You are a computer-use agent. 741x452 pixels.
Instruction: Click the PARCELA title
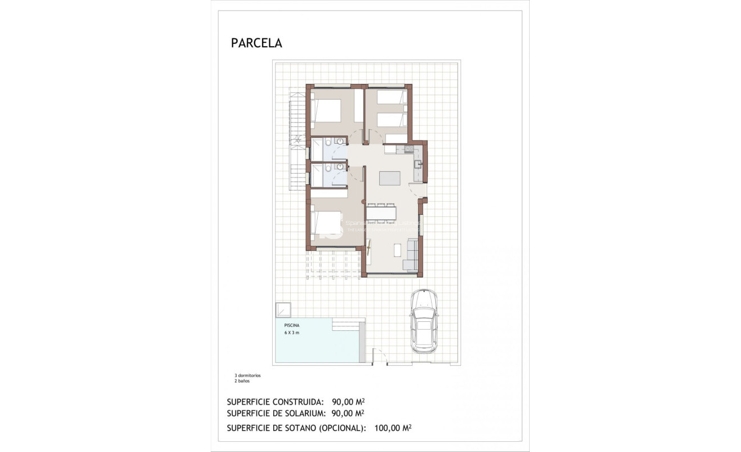point(256,43)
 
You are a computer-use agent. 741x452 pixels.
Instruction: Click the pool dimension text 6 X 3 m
point(292,333)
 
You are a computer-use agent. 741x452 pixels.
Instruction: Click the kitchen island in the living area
point(390,178)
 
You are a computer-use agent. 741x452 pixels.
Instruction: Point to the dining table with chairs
point(381,212)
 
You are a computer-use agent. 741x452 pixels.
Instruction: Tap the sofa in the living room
point(412,255)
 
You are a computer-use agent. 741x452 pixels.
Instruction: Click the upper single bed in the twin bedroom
point(391,97)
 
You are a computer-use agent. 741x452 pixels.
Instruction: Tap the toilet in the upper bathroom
point(341,141)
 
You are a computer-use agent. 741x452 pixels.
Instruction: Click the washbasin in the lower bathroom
point(340,167)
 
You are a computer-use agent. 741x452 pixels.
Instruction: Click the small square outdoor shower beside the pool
point(283,311)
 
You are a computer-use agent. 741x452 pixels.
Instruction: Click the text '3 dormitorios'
point(247,375)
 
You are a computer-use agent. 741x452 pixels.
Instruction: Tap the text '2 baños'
point(242,382)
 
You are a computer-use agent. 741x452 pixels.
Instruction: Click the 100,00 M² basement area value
point(393,428)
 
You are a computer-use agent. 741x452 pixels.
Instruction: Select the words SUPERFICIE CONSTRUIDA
point(275,402)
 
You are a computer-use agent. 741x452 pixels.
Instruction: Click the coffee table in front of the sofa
point(397,249)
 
